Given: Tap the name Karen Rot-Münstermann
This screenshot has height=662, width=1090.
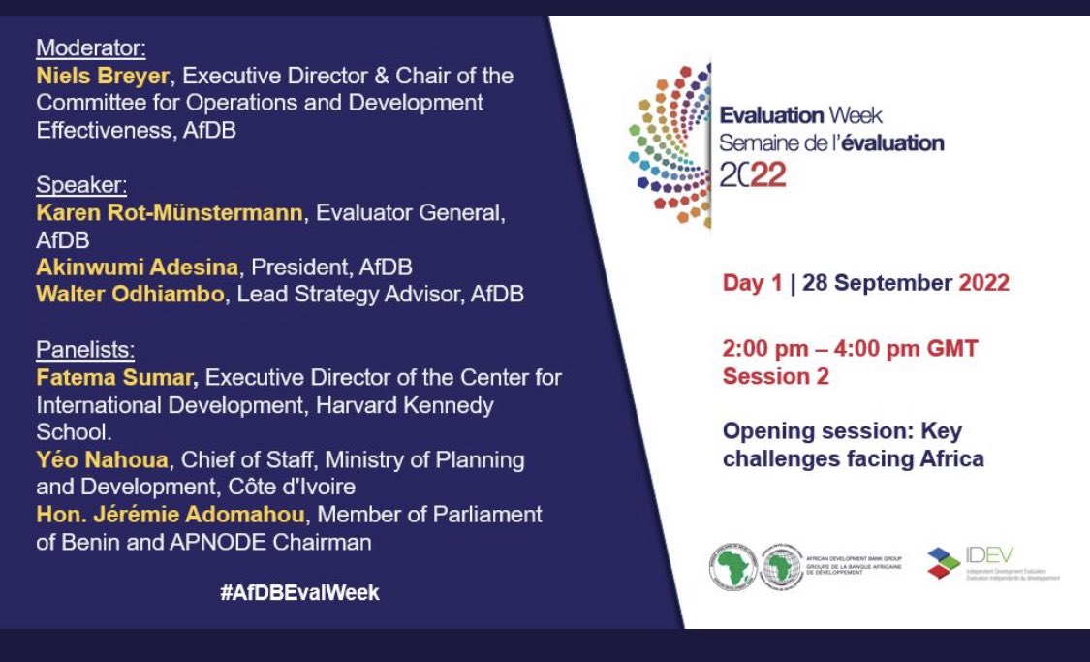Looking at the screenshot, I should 169,211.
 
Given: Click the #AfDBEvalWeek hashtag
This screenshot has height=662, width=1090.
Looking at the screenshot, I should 299,592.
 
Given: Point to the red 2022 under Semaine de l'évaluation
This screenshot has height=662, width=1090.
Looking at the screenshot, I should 753,174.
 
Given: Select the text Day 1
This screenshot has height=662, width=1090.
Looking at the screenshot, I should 749,283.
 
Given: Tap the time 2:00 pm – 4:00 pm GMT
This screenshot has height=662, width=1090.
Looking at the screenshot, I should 850,349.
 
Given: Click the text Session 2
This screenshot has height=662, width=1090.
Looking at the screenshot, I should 775,376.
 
